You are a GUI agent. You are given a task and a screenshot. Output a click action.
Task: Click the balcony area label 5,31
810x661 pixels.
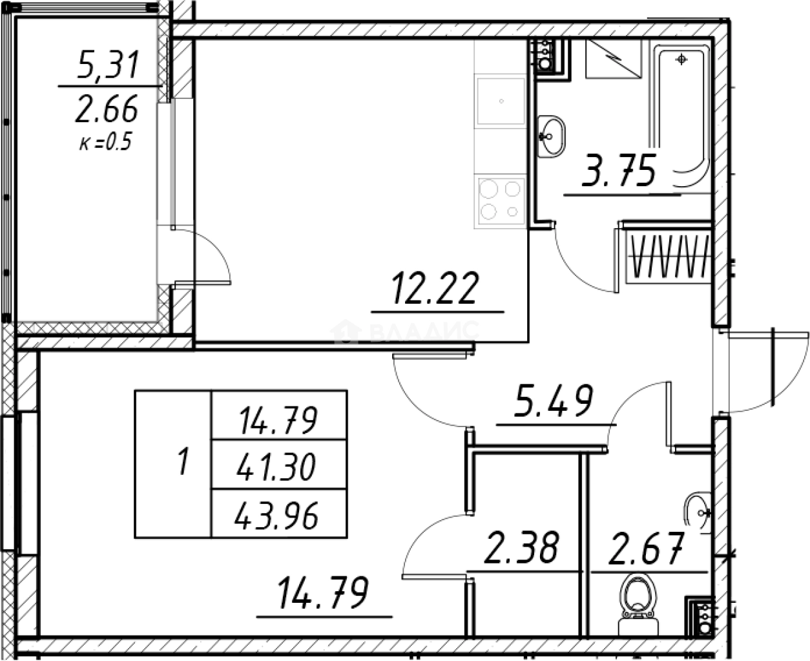pyautogui.click(x=107, y=65)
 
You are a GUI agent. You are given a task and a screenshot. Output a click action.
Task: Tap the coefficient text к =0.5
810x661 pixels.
pyautogui.click(x=106, y=142)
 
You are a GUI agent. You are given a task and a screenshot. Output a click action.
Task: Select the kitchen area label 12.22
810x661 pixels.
pyautogui.click(x=436, y=288)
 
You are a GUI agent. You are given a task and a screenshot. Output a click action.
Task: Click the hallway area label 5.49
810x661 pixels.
pyautogui.click(x=554, y=401)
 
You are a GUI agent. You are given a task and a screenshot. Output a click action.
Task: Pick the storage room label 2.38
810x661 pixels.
pyautogui.click(x=521, y=547)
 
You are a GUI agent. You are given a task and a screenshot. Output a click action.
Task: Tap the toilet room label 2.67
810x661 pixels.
pyautogui.click(x=647, y=549)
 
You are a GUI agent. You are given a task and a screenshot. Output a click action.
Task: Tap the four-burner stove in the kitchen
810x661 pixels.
pyautogui.click(x=500, y=201)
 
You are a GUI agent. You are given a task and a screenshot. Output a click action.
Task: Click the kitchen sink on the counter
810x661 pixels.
pyautogui.click(x=500, y=102)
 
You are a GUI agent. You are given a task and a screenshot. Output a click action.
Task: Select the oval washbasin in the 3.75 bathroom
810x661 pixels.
pyautogui.click(x=551, y=136)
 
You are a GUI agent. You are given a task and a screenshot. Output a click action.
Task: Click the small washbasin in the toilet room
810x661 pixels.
pyautogui.click(x=698, y=512)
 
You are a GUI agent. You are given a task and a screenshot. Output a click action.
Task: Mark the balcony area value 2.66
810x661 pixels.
pyautogui.click(x=107, y=110)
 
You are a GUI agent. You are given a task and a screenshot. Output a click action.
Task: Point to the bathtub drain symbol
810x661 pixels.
pyautogui.click(x=681, y=59)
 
